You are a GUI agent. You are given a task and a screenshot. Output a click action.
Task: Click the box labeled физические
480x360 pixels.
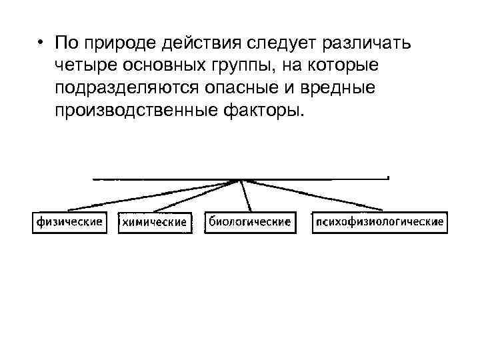[69, 222]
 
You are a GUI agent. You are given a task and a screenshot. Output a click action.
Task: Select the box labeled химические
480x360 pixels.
[155, 223]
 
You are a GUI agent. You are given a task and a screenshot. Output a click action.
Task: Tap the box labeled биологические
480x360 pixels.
[249, 222]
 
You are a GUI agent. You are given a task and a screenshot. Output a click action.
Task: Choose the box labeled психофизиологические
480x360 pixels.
[380, 222]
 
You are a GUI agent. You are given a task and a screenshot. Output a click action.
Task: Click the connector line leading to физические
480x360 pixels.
[153, 195]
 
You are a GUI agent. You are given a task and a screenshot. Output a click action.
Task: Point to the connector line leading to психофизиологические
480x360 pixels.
[313, 195]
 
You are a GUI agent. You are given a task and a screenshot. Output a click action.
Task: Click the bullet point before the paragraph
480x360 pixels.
[41, 43]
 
